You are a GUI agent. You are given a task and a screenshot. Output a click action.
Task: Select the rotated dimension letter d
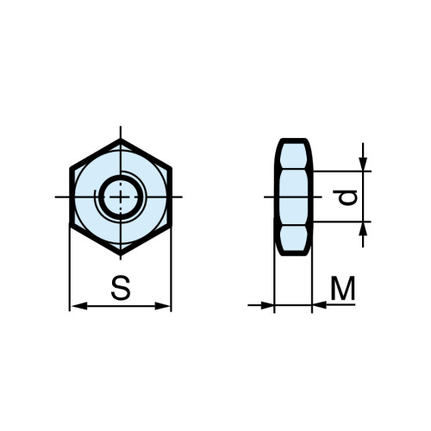click(347, 197)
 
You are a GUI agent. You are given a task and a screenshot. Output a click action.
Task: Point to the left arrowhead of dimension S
click(76, 305)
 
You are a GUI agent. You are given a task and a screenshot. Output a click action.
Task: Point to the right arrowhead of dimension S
click(166, 305)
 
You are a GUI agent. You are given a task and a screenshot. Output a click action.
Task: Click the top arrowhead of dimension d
click(364, 163)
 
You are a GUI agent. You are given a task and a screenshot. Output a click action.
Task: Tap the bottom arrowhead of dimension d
click(364, 230)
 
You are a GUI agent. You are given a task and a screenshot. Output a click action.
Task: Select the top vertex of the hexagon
click(121, 138)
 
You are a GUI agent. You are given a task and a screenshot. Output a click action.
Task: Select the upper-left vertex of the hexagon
click(70, 167)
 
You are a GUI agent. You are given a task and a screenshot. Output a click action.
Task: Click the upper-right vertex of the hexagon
click(172, 167)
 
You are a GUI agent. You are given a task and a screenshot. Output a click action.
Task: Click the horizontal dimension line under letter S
click(121, 305)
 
